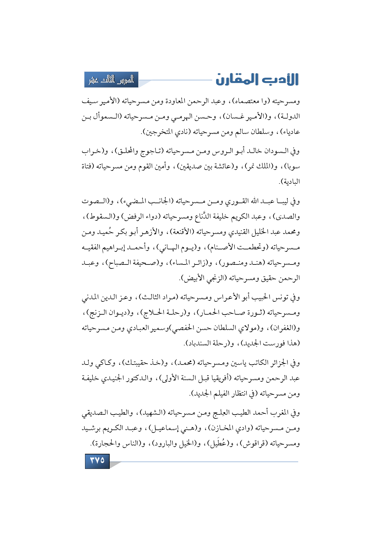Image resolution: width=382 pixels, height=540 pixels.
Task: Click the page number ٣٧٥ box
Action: [97, 461]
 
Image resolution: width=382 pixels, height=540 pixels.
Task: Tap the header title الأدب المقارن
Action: [257, 79]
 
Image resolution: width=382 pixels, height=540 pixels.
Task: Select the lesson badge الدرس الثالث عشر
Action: [111, 80]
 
